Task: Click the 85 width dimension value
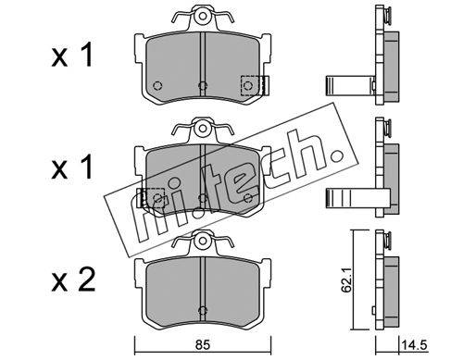203,345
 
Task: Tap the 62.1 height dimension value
347,284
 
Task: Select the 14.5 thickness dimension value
414,345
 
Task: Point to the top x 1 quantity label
72,55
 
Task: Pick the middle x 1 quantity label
72,167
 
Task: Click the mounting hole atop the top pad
203,16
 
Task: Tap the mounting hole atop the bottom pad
203,240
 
